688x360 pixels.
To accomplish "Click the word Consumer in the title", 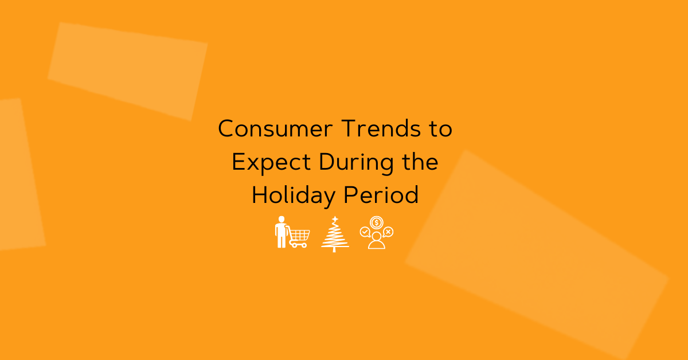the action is [x=275, y=128].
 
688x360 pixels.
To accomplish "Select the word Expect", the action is [x=271, y=163].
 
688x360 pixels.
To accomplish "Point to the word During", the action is [x=356, y=163].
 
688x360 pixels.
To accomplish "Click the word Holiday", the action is [x=294, y=196].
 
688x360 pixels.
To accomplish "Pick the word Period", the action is [x=381, y=194].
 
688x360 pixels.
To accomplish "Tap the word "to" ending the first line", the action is [x=441, y=130].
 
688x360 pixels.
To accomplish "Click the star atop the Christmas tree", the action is [x=335, y=220].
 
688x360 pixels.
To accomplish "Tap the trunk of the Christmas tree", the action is [x=334, y=249].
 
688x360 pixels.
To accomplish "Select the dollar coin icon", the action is [x=377, y=222].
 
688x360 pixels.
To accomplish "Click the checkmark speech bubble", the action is [x=365, y=232].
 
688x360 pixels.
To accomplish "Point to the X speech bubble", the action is [x=388, y=232].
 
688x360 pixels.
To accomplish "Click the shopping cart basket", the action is [x=299, y=235].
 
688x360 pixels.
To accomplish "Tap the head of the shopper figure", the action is [x=282, y=220].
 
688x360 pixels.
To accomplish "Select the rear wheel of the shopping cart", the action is [x=294, y=245].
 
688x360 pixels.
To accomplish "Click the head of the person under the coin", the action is [x=377, y=236].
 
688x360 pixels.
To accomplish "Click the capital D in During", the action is [x=327, y=162].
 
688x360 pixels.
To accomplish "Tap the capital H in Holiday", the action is [x=260, y=195].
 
